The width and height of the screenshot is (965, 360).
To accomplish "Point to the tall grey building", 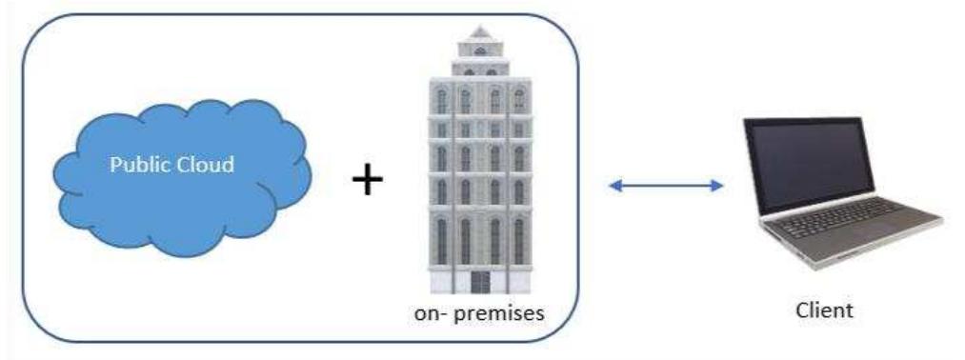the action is coord(479,162).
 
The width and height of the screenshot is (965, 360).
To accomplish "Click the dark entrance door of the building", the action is coord(480,283).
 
